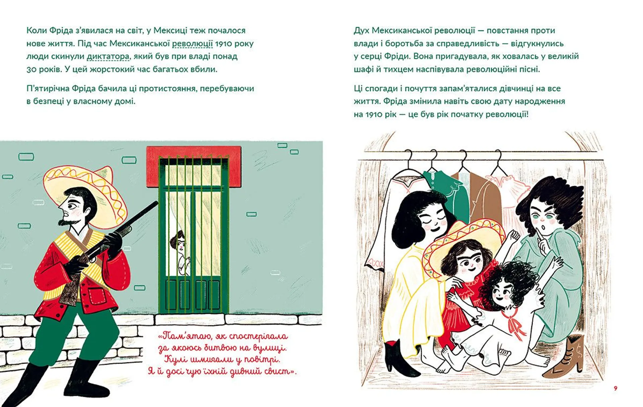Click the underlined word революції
pyautogui.click(x=192, y=44)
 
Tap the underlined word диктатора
pyautogui.click(x=108, y=56)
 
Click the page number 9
pyautogui.click(x=615, y=388)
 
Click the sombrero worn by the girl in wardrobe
pyautogui.click(x=462, y=246)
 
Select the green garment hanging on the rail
pyautogui.click(x=447, y=191)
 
